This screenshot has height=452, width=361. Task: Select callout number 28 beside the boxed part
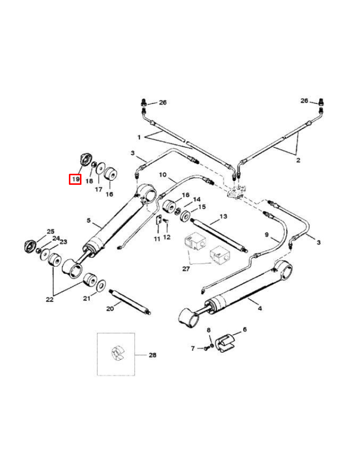(x=152, y=355)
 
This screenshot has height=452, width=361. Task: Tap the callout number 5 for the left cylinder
(x=88, y=220)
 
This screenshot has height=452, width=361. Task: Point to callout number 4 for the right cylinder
(x=260, y=308)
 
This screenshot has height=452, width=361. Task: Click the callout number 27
(x=186, y=269)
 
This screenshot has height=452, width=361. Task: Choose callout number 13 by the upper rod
(x=223, y=217)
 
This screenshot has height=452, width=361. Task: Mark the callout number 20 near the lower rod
(x=110, y=308)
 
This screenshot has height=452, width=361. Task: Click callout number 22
(x=49, y=299)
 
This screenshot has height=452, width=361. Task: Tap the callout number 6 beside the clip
(x=245, y=329)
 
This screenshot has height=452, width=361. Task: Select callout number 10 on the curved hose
(x=162, y=174)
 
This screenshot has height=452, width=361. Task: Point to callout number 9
(x=267, y=235)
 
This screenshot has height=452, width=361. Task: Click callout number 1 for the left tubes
(x=139, y=137)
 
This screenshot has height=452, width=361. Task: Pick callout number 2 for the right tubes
(x=297, y=160)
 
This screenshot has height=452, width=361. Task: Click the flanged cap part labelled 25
(x=31, y=246)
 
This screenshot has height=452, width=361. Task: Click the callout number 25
(x=50, y=232)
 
